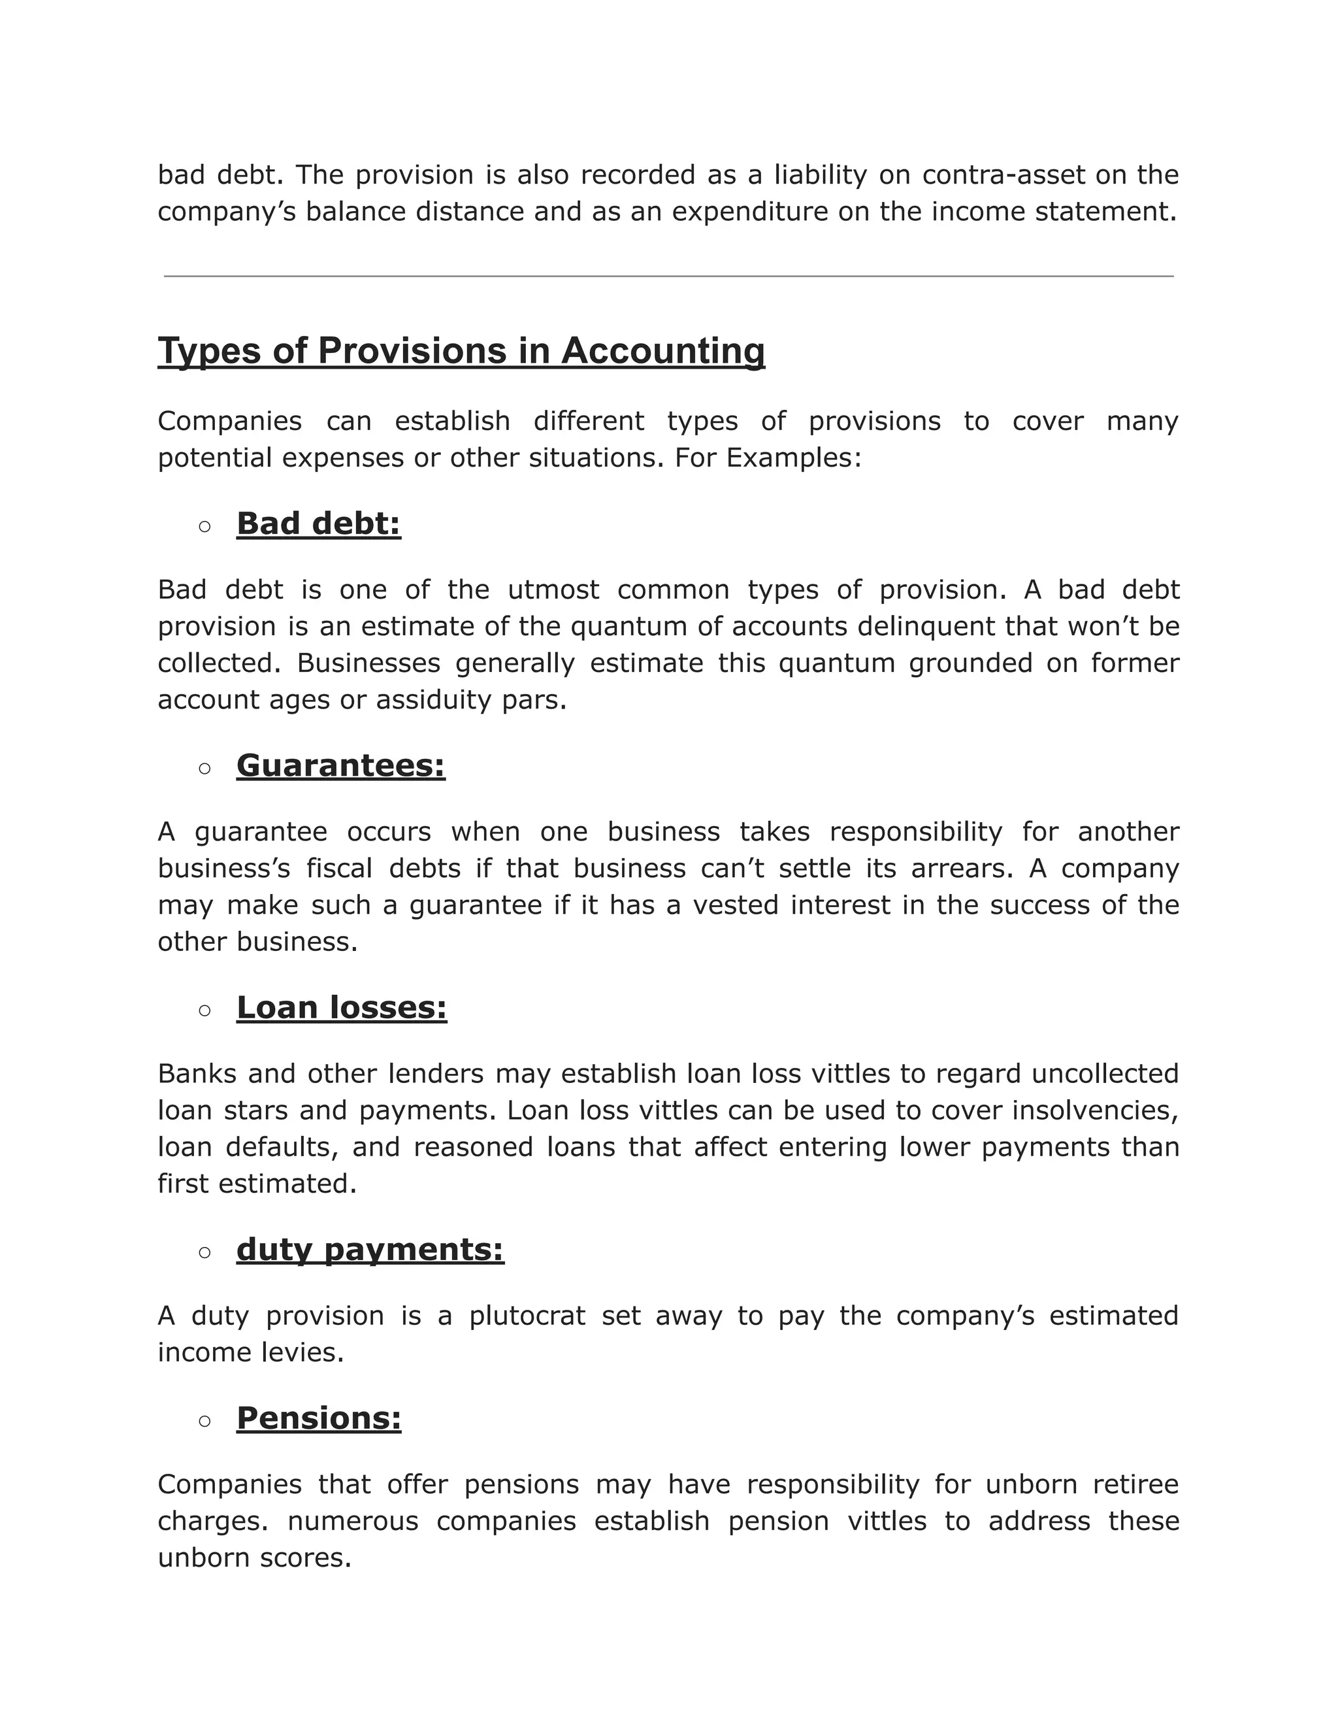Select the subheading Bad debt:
[x=319, y=524]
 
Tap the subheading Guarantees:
[x=341, y=766]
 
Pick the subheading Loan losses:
[x=342, y=1008]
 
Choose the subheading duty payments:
[x=370, y=1250]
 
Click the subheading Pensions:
[x=319, y=1419]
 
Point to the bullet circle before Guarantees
[x=204, y=769]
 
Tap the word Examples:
[x=793, y=458]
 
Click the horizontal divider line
[x=668, y=276]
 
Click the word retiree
[x=1136, y=1484]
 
